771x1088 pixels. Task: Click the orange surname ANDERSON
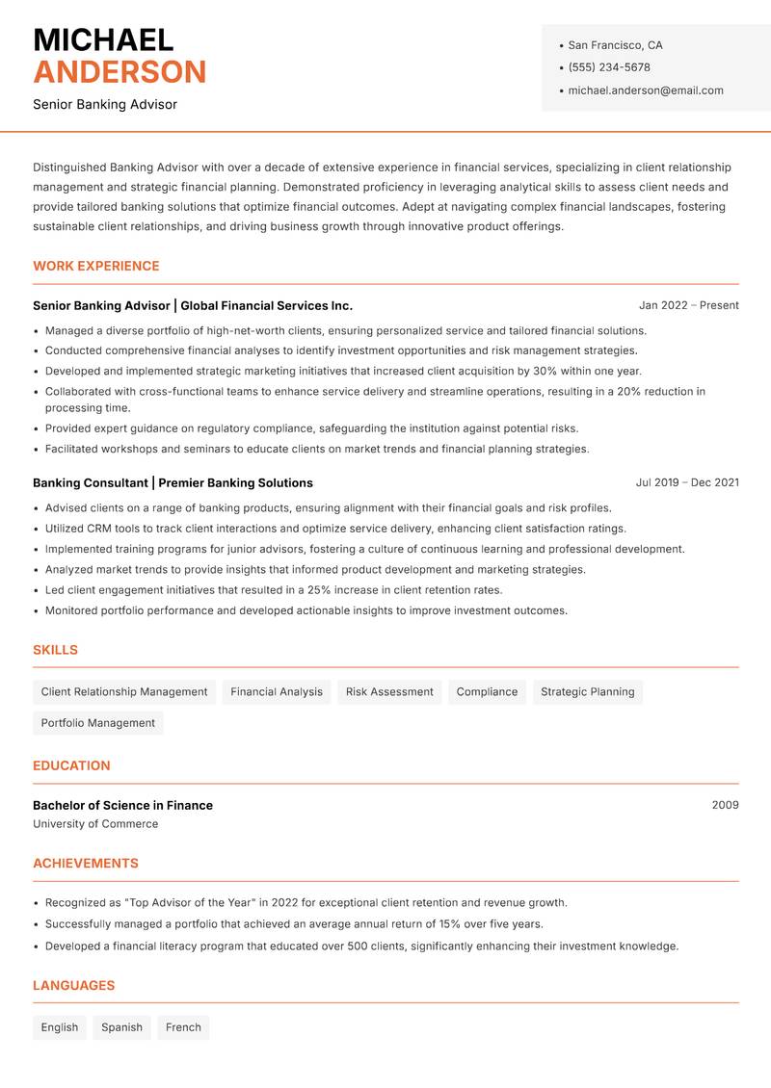pyautogui.click(x=120, y=72)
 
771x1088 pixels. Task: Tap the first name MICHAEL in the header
pyautogui.click(x=103, y=39)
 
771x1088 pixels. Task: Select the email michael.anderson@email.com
pyautogui.click(x=645, y=91)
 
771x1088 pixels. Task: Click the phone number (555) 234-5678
pyautogui.click(x=608, y=67)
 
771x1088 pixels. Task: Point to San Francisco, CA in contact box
pyautogui.click(x=615, y=45)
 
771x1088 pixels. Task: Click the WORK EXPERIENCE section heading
pyautogui.click(x=96, y=266)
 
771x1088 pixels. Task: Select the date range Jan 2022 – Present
pyautogui.click(x=688, y=305)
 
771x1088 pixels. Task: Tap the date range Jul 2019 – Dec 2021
pyautogui.click(x=687, y=482)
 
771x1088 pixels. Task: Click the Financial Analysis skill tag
pyautogui.click(x=277, y=691)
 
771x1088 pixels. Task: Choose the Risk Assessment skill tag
pyautogui.click(x=389, y=691)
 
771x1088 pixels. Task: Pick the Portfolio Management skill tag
pyautogui.click(x=98, y=723)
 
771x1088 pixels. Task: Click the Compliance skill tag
pyautogui.click(x=487, y=691)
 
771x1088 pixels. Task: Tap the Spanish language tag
pyautogui.click(x=121, y=1027)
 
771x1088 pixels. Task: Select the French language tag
pyautogui.click(x=183, y=1027)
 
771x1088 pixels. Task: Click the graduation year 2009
pyautogui.click(x=725, y=805)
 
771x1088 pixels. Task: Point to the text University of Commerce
pyautogui.click(x=95, y=824)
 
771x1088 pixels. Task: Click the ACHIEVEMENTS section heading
pyautogui.click(x=86, y=864)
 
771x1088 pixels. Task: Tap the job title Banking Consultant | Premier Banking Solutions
pyautogui.click(x=173, y=482)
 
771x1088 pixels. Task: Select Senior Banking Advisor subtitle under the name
pyautogui.click(x=105, y=104)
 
